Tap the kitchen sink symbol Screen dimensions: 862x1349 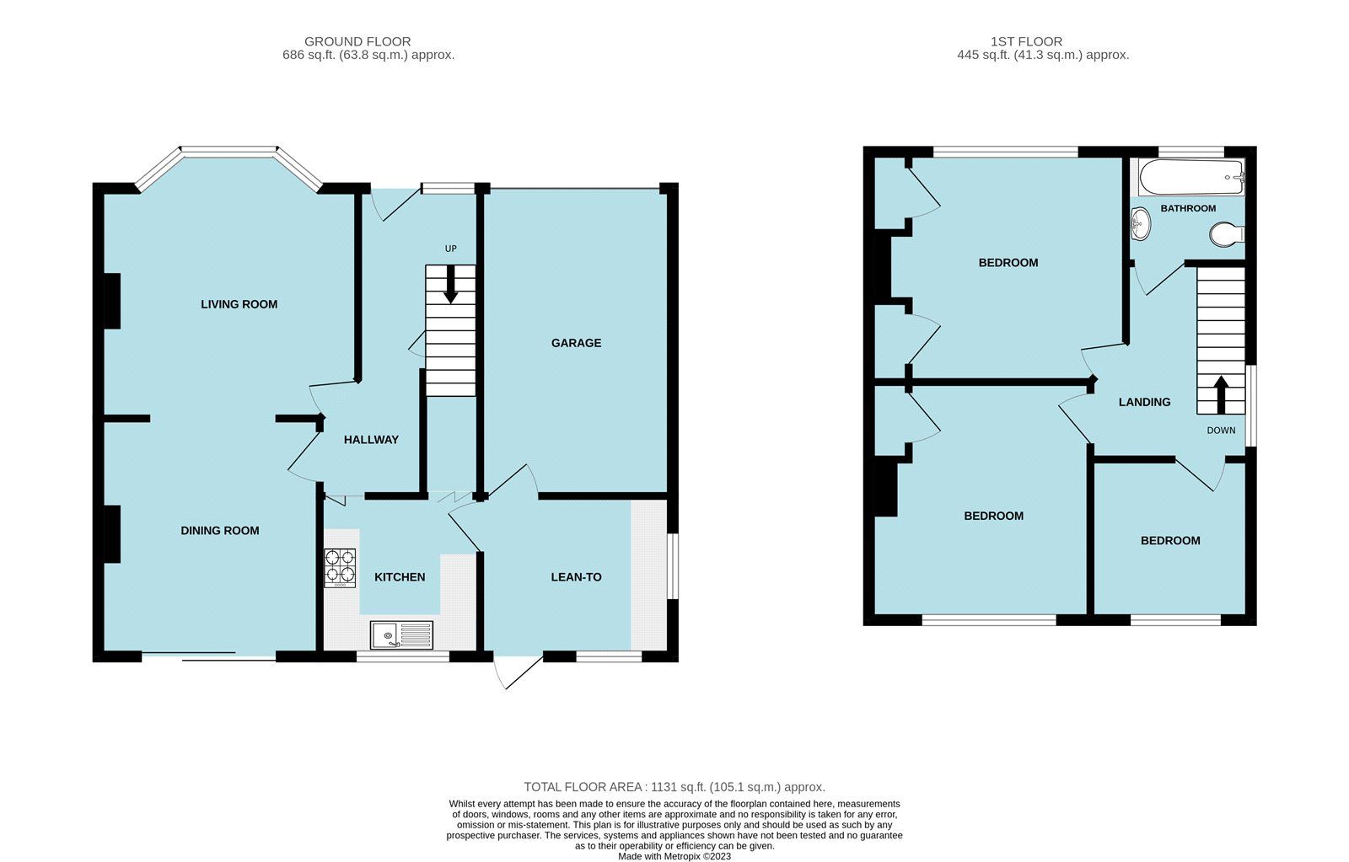401,634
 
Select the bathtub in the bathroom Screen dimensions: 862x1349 1190,178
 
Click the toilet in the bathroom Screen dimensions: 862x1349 1226,234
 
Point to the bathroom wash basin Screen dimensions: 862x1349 1139,223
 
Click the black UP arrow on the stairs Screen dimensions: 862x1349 450,284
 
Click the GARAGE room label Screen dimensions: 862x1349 576,343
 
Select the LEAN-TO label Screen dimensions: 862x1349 576,577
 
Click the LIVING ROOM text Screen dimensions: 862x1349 239,304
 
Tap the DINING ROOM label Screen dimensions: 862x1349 219,531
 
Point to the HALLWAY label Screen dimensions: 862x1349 371,440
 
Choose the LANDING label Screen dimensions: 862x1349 1144,402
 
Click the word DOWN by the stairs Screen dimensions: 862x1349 1220,431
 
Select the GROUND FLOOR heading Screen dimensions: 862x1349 357,41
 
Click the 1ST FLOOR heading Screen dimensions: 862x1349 1026,41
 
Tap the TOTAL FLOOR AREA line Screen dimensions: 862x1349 674,787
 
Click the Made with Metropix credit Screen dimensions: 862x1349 674,856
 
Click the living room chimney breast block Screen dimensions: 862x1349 111,301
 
